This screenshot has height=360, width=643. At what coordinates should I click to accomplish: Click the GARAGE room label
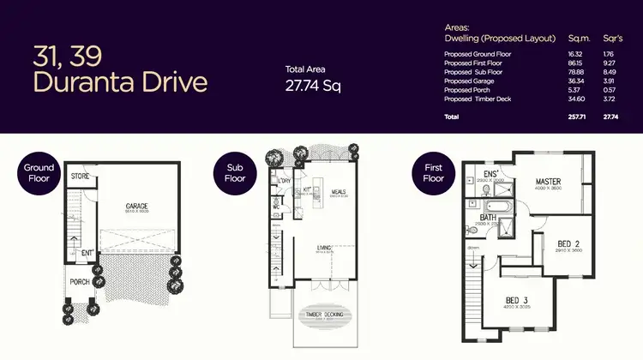137,207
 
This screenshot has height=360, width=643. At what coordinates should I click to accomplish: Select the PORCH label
80,282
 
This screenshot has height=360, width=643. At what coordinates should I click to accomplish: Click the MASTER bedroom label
548,182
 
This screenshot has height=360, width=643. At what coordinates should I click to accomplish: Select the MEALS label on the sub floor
338,191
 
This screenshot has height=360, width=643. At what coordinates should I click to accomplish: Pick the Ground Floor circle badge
39,173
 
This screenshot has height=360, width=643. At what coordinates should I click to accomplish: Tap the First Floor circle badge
433,173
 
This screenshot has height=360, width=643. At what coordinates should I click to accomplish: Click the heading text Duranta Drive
119,82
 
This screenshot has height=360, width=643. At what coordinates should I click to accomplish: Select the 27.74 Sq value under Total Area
312,85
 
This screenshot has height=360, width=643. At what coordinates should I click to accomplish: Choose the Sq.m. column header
580,39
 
